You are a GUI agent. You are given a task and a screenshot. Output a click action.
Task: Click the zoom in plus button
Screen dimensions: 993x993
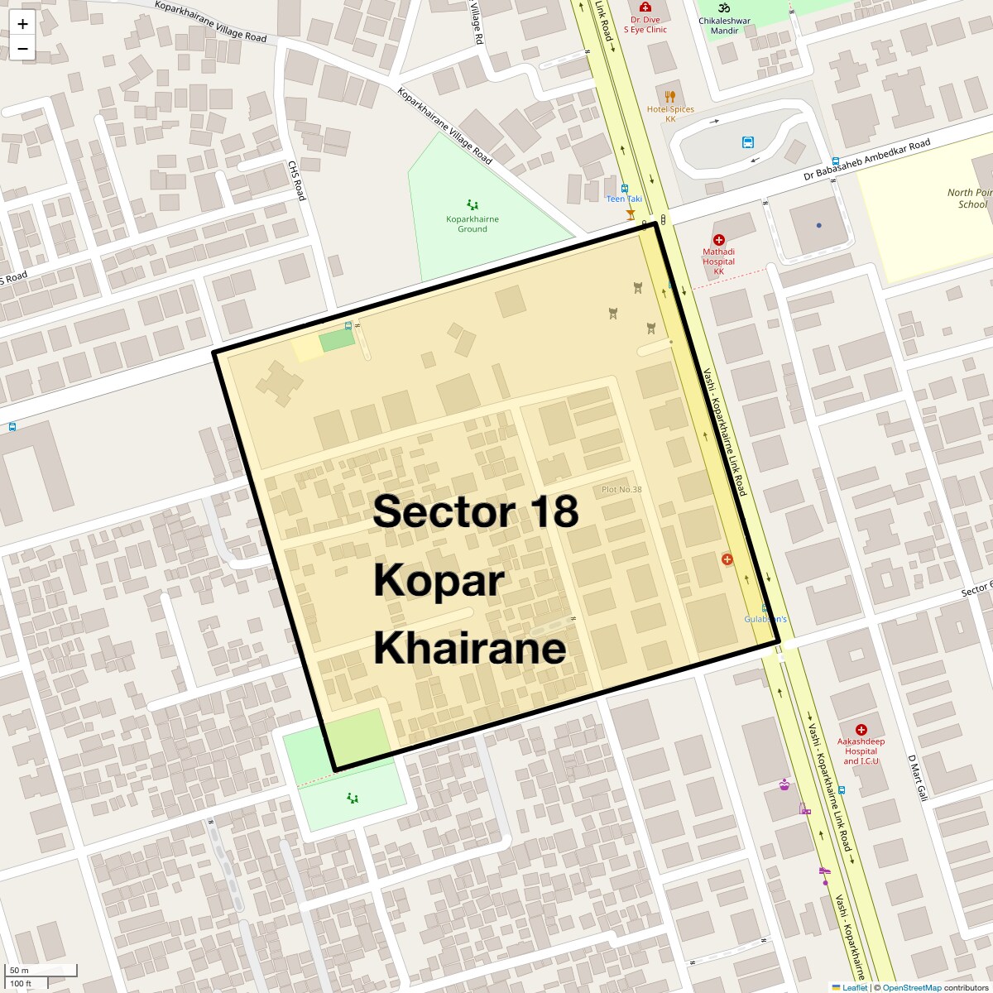22,24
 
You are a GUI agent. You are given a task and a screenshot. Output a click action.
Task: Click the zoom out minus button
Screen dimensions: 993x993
22,49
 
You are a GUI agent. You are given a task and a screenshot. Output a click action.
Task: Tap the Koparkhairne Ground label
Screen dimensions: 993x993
473,224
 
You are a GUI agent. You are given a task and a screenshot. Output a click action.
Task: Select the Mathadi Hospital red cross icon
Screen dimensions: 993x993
718,240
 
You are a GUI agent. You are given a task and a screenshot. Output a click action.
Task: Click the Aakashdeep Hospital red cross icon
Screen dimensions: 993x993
861,730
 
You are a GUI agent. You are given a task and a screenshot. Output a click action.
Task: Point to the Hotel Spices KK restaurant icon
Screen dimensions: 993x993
670,97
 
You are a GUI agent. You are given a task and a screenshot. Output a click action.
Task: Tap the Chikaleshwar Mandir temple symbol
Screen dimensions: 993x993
724,7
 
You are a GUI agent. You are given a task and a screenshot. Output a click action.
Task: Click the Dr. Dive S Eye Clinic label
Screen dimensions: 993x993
645,25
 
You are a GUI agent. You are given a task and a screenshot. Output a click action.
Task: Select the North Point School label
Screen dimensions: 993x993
969,199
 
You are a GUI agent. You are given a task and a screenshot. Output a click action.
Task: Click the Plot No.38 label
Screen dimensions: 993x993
621,490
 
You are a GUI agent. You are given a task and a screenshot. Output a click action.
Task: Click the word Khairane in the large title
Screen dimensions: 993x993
470,648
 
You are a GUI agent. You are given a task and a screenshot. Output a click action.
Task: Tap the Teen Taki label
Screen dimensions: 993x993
624,199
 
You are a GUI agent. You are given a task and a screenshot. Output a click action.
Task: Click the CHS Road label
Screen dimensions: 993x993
296,180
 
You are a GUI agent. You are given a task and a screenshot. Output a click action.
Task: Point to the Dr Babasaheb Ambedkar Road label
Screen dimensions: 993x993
866,161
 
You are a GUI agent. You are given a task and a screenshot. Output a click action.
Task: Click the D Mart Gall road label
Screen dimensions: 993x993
918,777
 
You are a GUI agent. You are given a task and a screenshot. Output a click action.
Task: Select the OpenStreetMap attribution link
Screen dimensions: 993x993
911,987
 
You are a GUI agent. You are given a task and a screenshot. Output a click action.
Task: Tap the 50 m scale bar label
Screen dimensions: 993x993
19,971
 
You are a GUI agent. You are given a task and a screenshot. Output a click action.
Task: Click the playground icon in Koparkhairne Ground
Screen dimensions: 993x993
473,204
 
